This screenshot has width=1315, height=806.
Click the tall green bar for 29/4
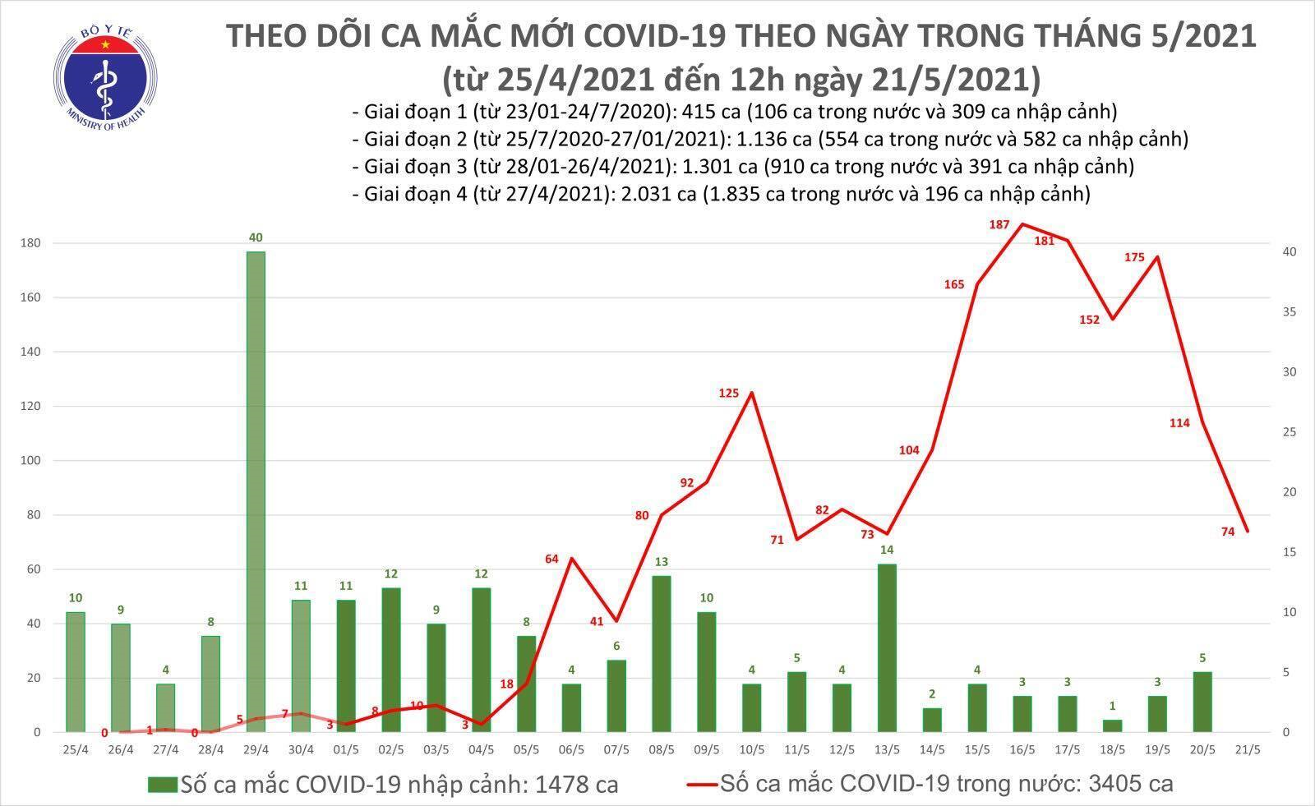[x=256, y=491]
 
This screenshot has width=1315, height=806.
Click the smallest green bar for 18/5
[x=1112, y=726]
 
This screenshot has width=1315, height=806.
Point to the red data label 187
[x=999, y=224]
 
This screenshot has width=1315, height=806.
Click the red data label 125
[x=729, y=394]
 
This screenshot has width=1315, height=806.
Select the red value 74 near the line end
[x=1228, y=532]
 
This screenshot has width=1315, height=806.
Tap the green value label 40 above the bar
[x=256, y=237]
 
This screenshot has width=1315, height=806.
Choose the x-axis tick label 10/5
[x=749, y=749]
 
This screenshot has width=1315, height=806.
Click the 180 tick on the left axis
[x=32, y=243]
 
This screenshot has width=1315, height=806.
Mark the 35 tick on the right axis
[x=1291, y=312]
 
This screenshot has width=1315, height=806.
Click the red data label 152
[x=1089, y=320]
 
